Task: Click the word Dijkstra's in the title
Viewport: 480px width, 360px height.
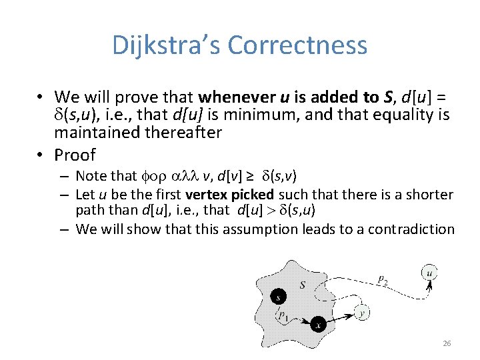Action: click(166, 45)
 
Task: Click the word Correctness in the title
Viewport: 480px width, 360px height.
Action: click(297, 45)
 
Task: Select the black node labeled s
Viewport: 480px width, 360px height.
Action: click(278, 297)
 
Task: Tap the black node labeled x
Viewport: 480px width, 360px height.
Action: click(319, 325)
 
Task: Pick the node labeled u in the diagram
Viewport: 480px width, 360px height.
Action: click(429, 272)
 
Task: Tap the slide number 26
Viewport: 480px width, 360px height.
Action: click(447, 344)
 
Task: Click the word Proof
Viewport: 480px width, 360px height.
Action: click(75, 155)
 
